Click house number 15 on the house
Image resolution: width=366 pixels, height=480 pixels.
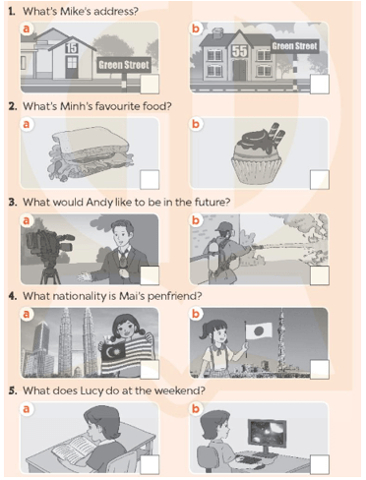[71, 48]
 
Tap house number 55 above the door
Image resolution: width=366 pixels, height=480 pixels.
[240, 51]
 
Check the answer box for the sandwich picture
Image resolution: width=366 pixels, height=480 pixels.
[150, 179]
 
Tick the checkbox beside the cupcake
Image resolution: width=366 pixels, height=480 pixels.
[320, 179]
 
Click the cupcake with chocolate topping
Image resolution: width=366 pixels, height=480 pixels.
[257, 152]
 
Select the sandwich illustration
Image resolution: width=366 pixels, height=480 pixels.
[91, 152]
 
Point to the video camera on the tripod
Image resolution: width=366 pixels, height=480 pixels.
[50, 249]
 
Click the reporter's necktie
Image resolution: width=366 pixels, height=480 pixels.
[123, 258]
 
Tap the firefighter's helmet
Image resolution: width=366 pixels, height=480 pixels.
[224, 226]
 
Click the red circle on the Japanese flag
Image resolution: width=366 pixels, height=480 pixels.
[259, 331]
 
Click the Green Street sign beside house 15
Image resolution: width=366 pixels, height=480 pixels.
[124, 65]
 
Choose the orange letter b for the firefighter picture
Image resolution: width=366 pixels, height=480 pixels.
[196, 220]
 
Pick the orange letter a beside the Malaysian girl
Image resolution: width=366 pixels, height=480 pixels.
[27, 314]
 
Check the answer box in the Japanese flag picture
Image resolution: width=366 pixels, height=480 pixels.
[320, 369]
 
